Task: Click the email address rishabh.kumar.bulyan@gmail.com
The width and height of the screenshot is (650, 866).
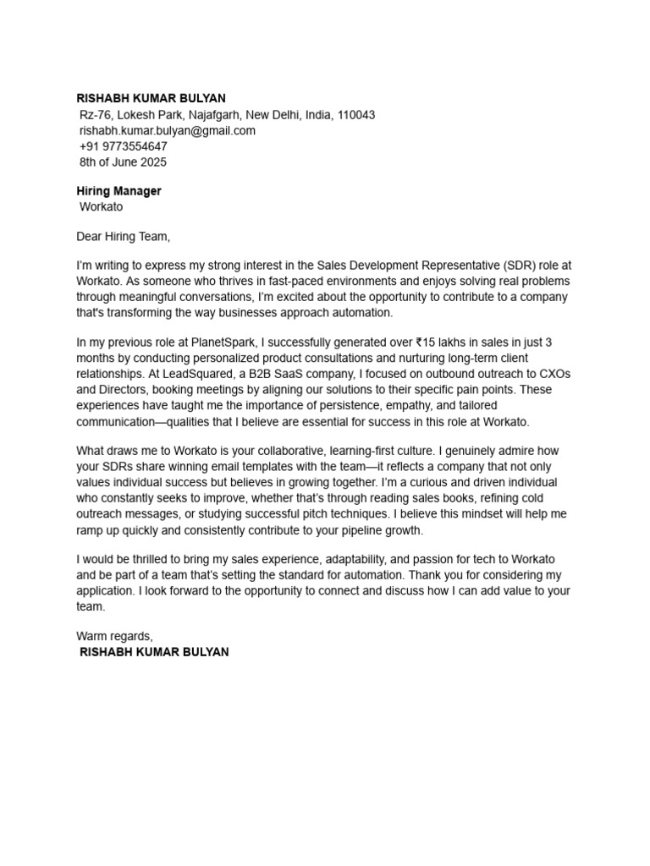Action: tap(167, 131)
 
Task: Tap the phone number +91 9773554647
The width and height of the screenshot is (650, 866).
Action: tap(123, 146)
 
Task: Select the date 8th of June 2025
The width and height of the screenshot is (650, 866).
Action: tap(123, 162)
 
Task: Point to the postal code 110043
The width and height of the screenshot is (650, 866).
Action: tap(356, 115)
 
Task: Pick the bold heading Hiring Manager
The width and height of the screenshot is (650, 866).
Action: tap(118, 191)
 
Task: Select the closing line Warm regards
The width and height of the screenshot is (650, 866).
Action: tap(115, 635)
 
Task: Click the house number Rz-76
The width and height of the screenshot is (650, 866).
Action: tap(95, 115)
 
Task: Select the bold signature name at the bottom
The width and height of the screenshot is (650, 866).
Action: tap(153, 652)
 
